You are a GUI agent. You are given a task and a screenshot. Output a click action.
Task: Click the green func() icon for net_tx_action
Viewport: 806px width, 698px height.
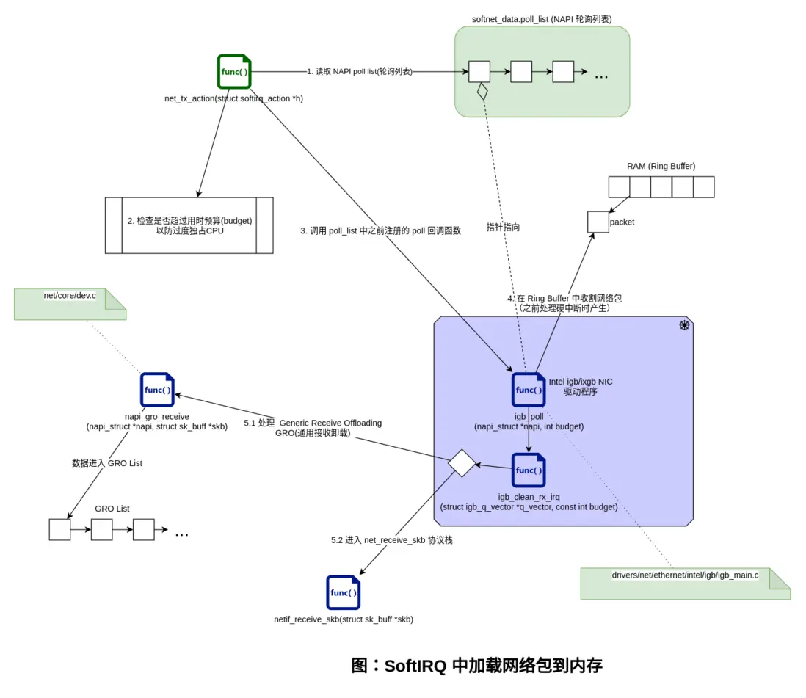[234, 72]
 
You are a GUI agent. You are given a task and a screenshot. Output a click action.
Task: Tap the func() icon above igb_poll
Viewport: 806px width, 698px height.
[529, 390]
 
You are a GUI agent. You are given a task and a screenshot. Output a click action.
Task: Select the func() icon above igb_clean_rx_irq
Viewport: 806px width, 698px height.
[529, 470]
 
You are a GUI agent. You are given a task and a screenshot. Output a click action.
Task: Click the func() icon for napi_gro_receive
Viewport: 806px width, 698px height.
[157, 390]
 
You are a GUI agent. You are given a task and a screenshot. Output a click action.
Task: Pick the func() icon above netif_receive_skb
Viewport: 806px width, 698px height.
[343, 592]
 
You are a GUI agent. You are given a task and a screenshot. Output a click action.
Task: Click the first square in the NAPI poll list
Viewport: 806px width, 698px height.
[479, 72]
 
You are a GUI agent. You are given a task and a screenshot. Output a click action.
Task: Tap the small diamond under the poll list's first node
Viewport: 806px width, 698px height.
[482, 92]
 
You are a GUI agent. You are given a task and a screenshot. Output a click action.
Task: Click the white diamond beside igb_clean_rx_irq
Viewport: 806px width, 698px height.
[462, 464]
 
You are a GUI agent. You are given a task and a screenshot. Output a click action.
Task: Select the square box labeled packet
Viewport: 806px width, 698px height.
[598, 222]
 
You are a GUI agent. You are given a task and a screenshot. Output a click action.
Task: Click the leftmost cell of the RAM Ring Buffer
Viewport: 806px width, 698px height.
[619, 187]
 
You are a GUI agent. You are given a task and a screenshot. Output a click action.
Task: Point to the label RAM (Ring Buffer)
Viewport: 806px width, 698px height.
[661, 166]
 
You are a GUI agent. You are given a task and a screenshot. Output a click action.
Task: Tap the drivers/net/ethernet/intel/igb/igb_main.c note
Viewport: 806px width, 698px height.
[685, 583]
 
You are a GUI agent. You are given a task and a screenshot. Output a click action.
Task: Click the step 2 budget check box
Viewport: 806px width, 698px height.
[189, 225]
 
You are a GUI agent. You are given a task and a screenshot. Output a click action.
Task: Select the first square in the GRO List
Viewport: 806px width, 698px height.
[59, 529]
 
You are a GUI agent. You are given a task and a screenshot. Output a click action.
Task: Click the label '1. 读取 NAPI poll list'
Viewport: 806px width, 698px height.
[359, 72]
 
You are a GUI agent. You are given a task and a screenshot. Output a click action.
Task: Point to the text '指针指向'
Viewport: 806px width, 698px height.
[503, 228]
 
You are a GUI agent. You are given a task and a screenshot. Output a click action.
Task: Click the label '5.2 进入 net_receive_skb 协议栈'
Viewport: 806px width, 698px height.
[392, 539]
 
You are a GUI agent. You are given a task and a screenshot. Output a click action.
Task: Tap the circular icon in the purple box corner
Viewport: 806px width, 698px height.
[683, 326]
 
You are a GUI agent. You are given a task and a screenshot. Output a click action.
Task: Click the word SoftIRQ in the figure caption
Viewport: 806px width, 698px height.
[415, 666]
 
